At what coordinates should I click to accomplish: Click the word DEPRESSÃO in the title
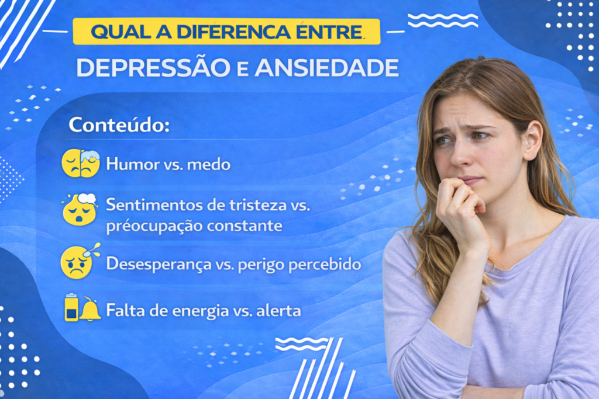153,68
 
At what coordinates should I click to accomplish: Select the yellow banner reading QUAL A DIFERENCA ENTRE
226,32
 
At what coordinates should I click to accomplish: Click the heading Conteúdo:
119,124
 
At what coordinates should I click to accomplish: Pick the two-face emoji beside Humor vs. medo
81,164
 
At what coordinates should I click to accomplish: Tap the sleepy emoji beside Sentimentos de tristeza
80,210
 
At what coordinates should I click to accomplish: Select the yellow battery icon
71,308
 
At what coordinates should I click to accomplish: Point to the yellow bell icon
90,310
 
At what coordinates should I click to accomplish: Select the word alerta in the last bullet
281,311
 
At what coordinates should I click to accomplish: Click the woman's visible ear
532,140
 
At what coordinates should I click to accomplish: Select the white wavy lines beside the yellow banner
442,20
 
